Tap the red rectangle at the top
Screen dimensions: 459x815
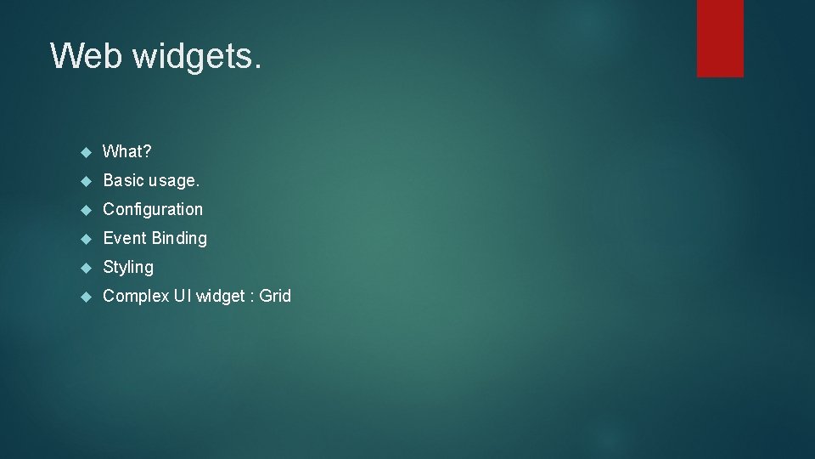point(720,38)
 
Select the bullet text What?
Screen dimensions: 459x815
point(127,152)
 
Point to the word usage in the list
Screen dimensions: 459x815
point(175,180)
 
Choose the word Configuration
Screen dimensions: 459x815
point(153,209)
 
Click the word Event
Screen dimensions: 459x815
point(125,238)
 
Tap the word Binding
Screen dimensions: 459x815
point(179,238)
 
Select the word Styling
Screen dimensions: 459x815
point(128,267)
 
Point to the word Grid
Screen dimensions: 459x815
point(275,296)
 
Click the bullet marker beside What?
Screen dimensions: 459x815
point(85,152)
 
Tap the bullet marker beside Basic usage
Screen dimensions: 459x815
point(85,181)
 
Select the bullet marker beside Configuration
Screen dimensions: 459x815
point(85,210)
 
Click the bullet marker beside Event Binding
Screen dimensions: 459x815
point(85,239)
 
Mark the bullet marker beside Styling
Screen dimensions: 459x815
point(85,268)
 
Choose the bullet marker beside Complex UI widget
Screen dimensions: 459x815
point(85,297)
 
